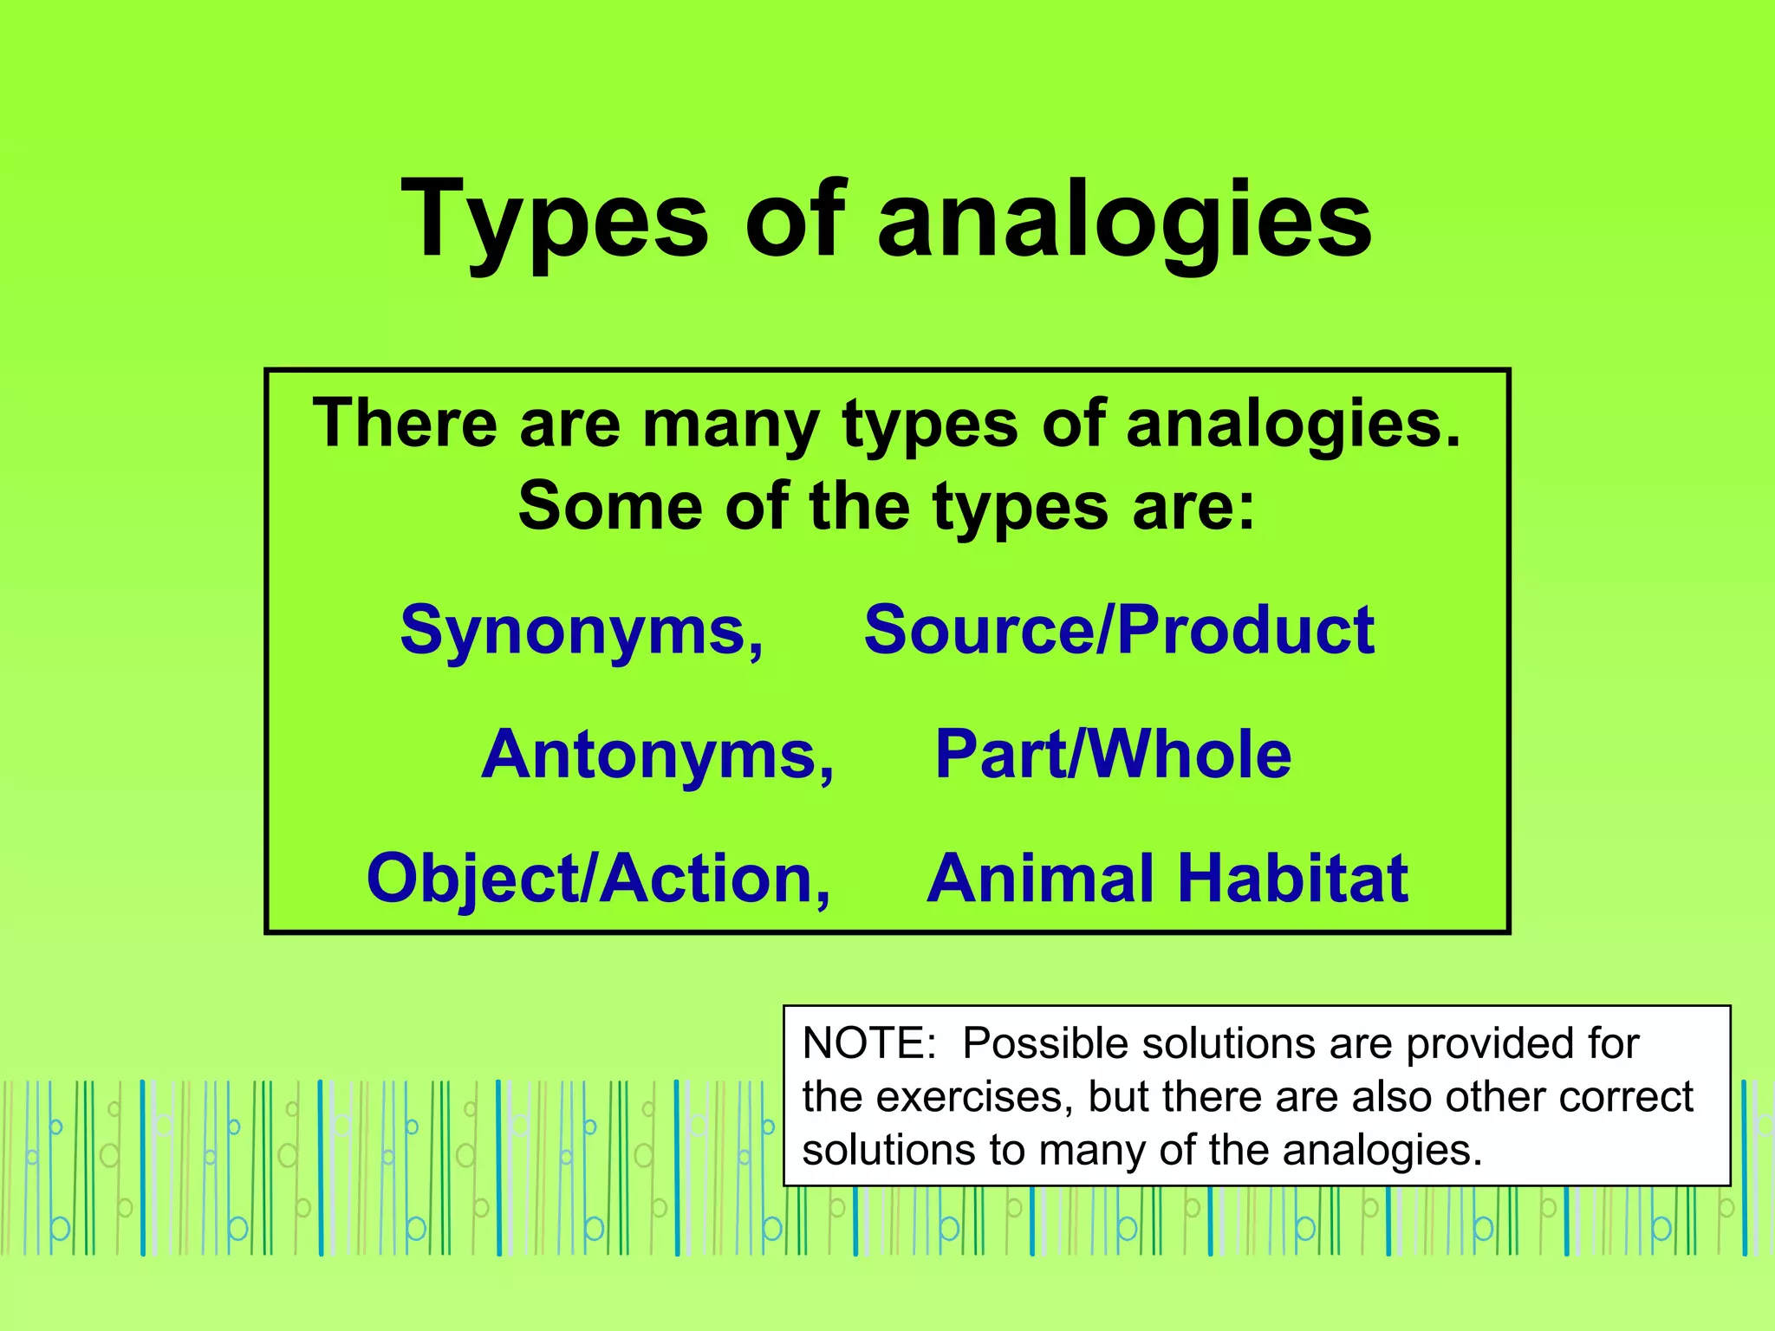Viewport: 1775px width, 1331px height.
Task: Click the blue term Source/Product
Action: tap(1118, 630)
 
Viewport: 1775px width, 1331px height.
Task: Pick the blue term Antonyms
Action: tap(657, 755)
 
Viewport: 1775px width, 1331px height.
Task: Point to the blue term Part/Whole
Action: tap(1113, 755)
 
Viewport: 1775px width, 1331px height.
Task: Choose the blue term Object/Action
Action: tap(597, 879)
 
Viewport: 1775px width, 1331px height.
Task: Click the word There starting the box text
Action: tap(406, 424)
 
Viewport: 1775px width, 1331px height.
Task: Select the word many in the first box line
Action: tap(731, 425)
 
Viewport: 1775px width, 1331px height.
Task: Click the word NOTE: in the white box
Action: tap(869, 1044)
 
